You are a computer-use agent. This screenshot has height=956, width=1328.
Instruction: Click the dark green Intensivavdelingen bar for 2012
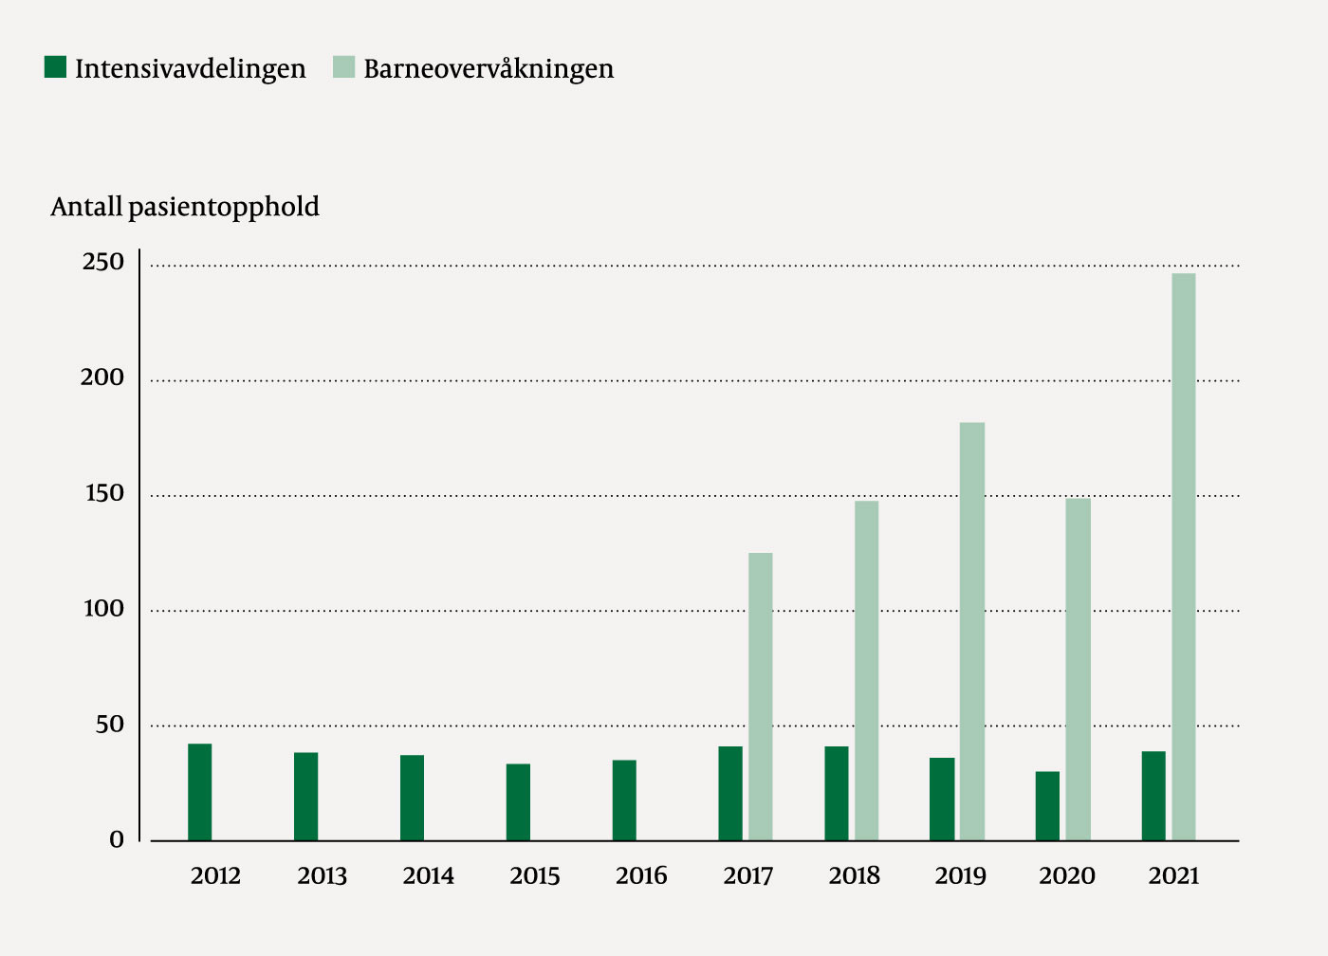click(x=199, y=792)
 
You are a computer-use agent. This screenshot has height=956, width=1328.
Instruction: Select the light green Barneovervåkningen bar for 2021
click(x=1183, y=557)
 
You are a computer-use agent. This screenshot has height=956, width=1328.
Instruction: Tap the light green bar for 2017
click(x=760, y=696)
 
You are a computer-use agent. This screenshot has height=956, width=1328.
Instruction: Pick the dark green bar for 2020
click(x=1047, y=805)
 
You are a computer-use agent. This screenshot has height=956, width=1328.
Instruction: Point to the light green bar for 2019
click(x=971, y=631)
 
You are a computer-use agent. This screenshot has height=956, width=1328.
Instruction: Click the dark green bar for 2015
click(x=518, y=801)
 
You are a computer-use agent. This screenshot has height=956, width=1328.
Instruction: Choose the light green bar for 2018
click(x=866, y=670)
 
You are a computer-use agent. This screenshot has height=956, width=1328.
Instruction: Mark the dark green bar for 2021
click(x=1153, y=796)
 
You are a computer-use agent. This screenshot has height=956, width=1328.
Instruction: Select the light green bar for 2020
click(x=1078, y=669)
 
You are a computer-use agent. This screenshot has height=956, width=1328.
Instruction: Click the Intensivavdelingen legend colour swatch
click(x=56, y=67)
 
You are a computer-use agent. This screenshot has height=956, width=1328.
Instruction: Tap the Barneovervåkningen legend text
click(x=488, y=68)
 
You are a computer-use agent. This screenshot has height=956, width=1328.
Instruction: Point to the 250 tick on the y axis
click(x=103, y=263)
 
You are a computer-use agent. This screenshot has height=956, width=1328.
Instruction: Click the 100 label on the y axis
click(x=103, y=609)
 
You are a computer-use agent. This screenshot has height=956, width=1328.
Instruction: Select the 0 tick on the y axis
click(x=117, y=839)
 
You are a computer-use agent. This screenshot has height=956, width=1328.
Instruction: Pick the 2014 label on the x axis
click(x=428, y=875)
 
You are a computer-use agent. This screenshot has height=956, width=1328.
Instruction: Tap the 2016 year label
click(x=641, y=875)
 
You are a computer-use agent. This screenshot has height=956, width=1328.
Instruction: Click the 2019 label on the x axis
click(x=960, y=875)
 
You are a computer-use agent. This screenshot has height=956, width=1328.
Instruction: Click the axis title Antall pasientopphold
click(x=185, y=207)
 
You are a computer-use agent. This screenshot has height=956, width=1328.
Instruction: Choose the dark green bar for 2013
click(x=305, y=796)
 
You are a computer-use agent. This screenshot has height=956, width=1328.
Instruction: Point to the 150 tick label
click(x=103, y=493)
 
